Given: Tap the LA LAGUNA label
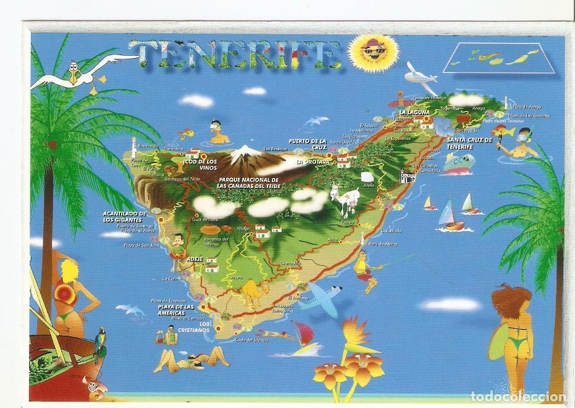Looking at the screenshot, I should pos(411,112).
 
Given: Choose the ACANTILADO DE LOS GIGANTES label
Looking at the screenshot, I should pos(125,216).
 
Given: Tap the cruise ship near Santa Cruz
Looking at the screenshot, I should pos(459,163).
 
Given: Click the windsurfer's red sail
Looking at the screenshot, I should pos(303,330).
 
